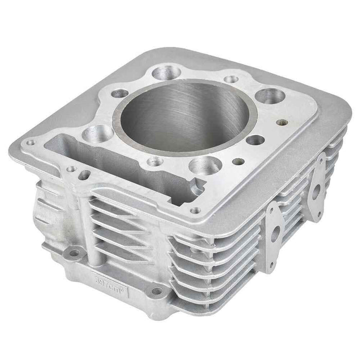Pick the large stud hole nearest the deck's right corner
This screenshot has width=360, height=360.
(268, 95)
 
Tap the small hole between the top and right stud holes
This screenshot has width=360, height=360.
(231, 79)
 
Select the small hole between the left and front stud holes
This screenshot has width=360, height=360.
(154, 161)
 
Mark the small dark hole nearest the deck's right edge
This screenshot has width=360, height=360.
(281, 123)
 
